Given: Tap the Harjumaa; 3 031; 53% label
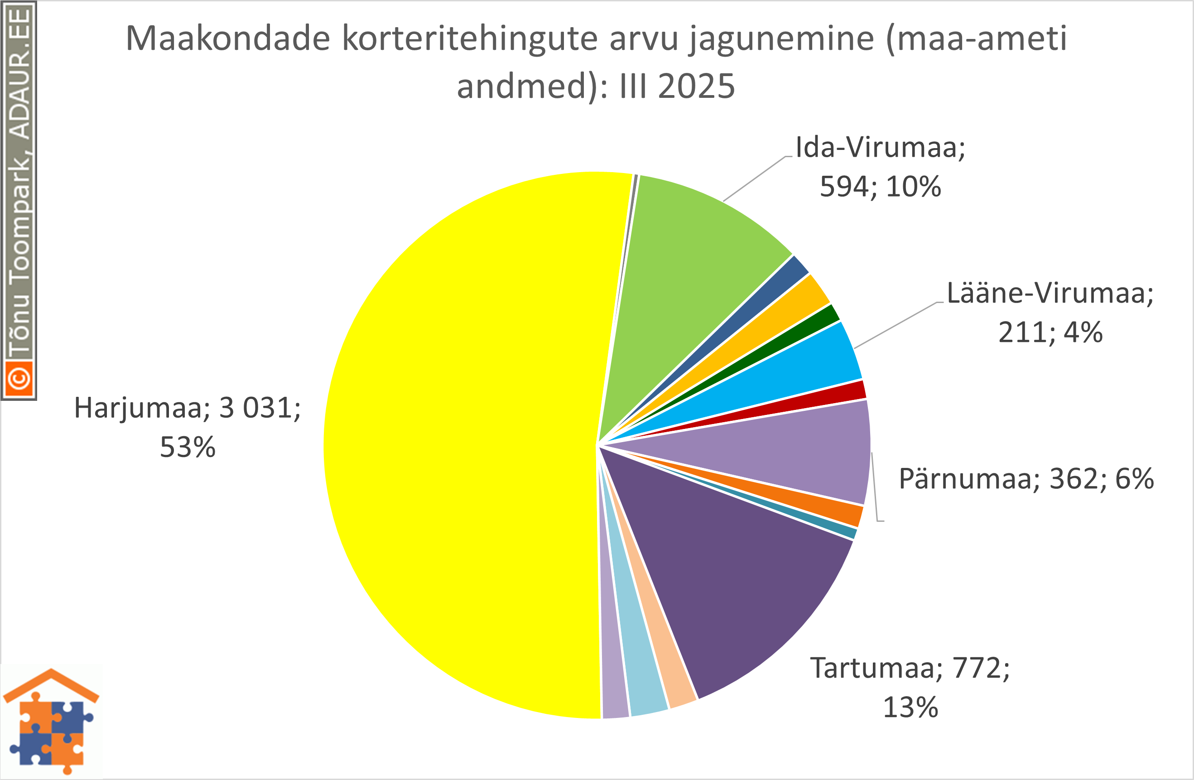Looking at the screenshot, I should [187, 427].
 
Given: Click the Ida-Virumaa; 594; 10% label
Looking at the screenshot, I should [881, 167].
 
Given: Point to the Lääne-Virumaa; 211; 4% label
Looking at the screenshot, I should [1050, 312].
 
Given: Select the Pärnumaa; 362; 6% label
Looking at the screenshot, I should [1026, 478].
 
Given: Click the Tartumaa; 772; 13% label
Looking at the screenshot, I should [910, 687].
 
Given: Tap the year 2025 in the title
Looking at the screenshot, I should [696, 86].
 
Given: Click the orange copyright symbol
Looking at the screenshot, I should [19, 379].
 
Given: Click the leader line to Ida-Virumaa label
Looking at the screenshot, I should [755, 178].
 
